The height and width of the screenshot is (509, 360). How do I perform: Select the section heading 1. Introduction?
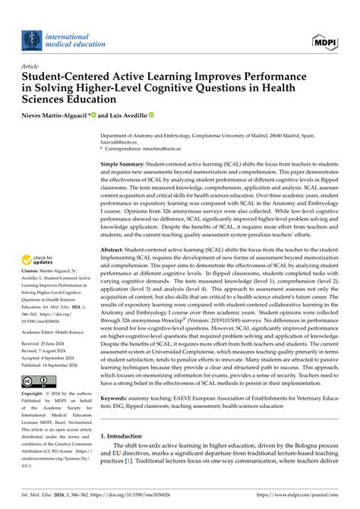[128, 458]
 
